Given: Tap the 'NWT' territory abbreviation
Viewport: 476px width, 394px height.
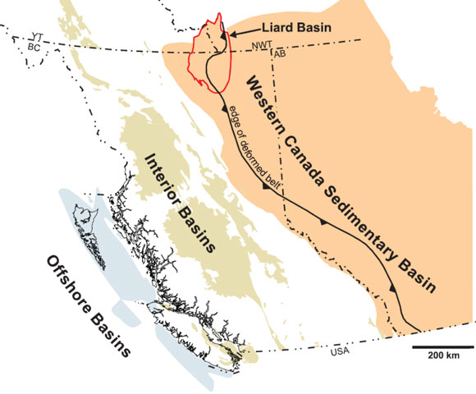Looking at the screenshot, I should click(x=262, y=44).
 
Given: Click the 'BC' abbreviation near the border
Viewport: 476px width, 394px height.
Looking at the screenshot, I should click(x=34, y=48).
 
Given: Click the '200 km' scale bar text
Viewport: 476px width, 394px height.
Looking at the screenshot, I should click(x=442, y=368).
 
